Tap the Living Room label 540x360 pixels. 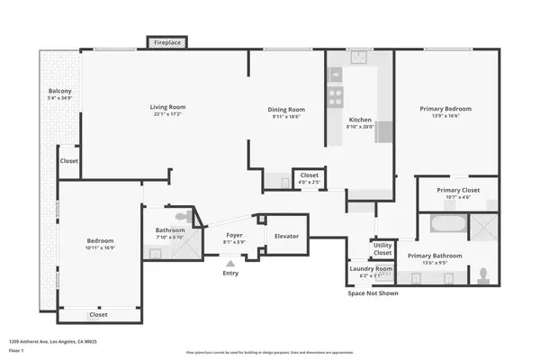pyautogui.click(x=167, y=107)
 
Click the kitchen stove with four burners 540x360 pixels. pyautogui.click(x=337, y=93)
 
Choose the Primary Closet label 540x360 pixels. pyautogui.click(x=457, y=190)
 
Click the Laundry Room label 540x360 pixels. pyautogui.click(x=370, y=268)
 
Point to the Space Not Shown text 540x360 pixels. pyautogui.click(x=373, y=292)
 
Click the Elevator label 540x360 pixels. pyautogui.click(x=286, y=237)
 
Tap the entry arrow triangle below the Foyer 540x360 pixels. pyautogui.click(x=229, y=263)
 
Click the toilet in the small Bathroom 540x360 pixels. pyautogui.click(x=184, y=216)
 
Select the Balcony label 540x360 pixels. pyautogui.click(x=60, y=91)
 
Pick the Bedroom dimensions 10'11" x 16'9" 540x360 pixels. pyautogui.click(x=100, y=248)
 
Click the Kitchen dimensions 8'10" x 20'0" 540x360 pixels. pyautogui.click(x=360, y=127)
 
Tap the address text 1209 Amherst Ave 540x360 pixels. pyautogui.click(x=53, y=342)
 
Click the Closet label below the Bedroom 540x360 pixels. pyautogui.click(x=98, y=315)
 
